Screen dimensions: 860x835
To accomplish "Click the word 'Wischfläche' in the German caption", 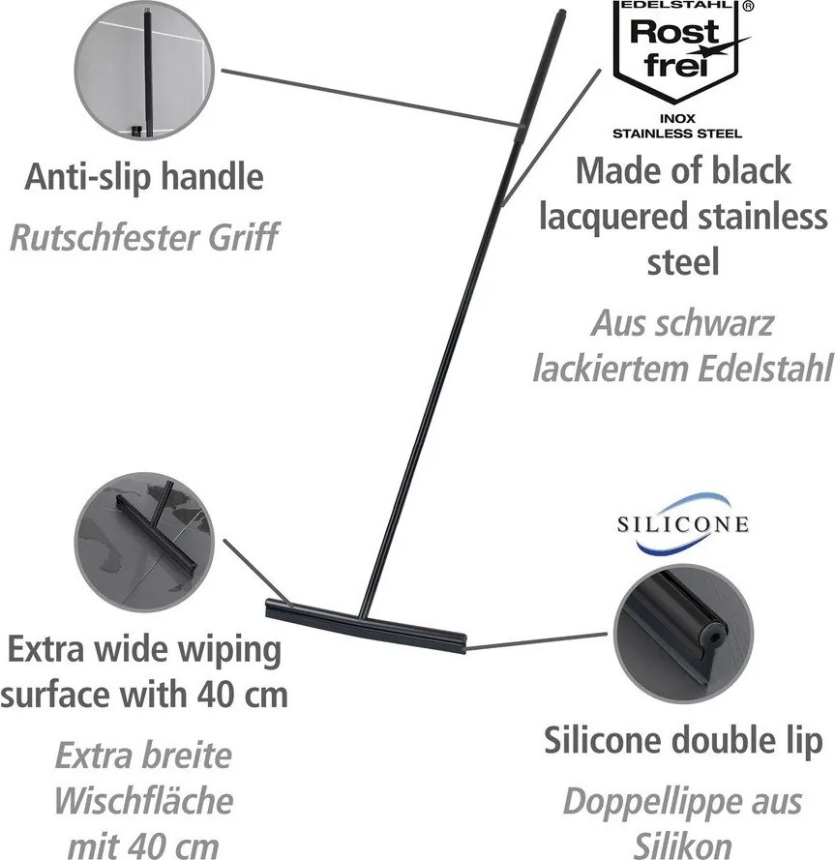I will coord(143,801).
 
